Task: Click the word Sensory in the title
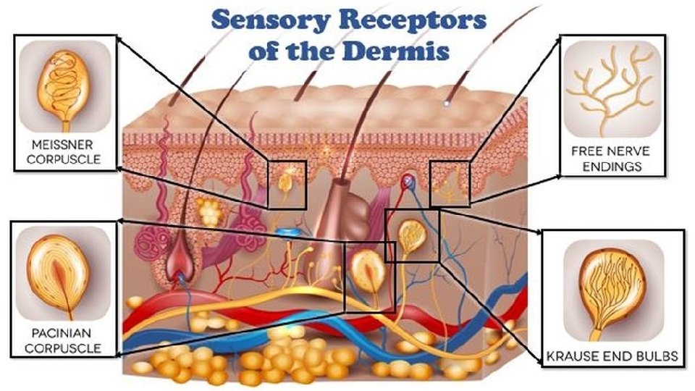tap(259, 20)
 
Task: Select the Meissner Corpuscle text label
tap(62, 150)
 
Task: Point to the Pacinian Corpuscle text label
tap(64, 342)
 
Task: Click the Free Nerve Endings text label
tap(610, 159)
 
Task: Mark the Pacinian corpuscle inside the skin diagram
tap(368, 269)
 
